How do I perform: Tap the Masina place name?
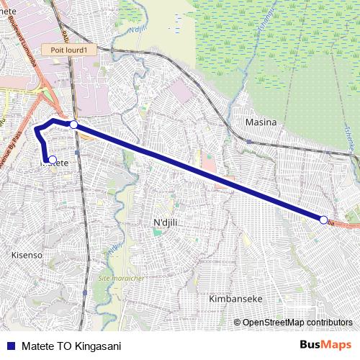[261, 122]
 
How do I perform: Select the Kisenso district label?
[27, 255]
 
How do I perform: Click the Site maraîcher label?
[121, 277]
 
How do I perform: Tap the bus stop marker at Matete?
[52, 159]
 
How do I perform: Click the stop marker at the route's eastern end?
[323, 220]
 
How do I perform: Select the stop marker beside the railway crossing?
[73, 125]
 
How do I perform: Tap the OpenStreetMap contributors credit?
[297, 322]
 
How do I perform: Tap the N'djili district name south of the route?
[166, 223]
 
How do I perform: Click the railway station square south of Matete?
[85, 293]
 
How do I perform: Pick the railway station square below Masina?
[249, 141]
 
